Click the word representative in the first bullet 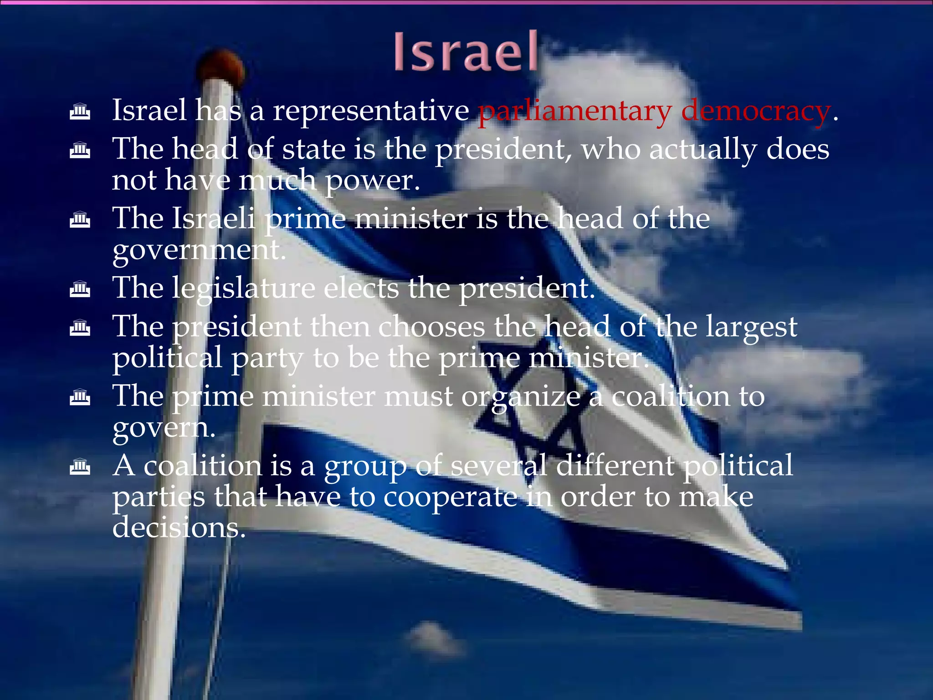[371, 112]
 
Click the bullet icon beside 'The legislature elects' [80, 289]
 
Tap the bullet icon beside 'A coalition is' [80, 467]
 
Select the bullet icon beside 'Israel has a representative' [80, 112]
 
